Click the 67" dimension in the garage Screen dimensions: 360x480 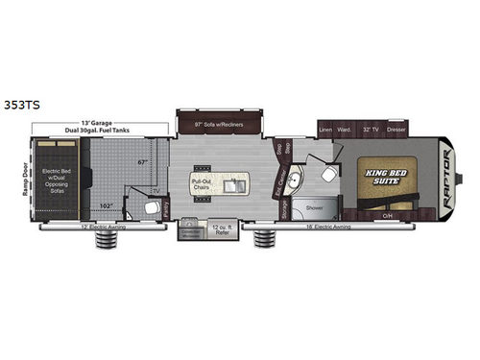point(143,161)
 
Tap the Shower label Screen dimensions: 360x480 point(314,206)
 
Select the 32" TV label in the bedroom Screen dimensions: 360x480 point(373,128)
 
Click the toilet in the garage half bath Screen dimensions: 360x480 point(152,206)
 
